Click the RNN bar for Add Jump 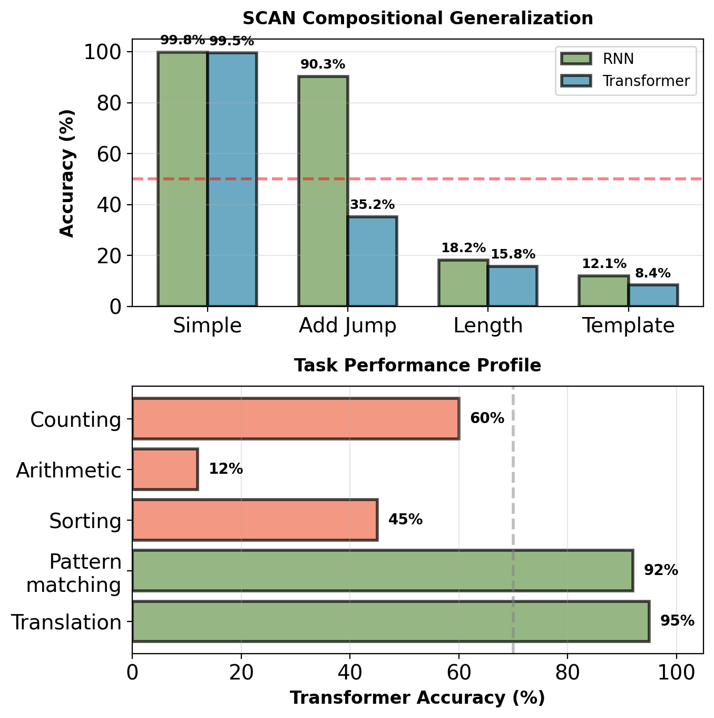323,191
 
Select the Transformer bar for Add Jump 372,261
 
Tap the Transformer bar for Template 653,295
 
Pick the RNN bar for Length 463,283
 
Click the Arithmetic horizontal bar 165,469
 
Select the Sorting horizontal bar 255,520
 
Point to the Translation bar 390,621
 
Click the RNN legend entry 618,59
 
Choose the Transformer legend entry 645,81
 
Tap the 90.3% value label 322,64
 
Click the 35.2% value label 372,205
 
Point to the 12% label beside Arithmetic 226,469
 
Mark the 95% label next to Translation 677,621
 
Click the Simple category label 207,326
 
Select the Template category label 628,326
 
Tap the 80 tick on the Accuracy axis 110,103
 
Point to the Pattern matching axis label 74,573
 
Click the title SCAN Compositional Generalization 417,18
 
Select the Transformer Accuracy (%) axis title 417,698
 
